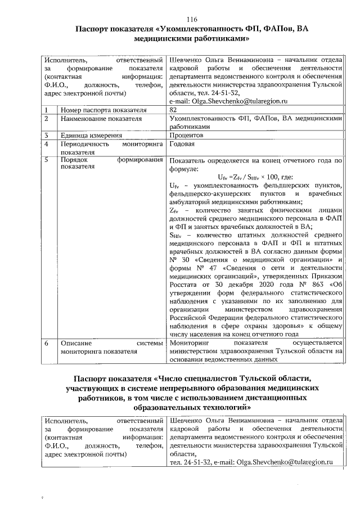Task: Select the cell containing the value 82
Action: tap(174, 109)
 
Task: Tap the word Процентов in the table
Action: tap(187, 136)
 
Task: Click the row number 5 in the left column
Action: tap(48, 160)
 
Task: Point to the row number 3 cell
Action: tap(48, 136)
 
